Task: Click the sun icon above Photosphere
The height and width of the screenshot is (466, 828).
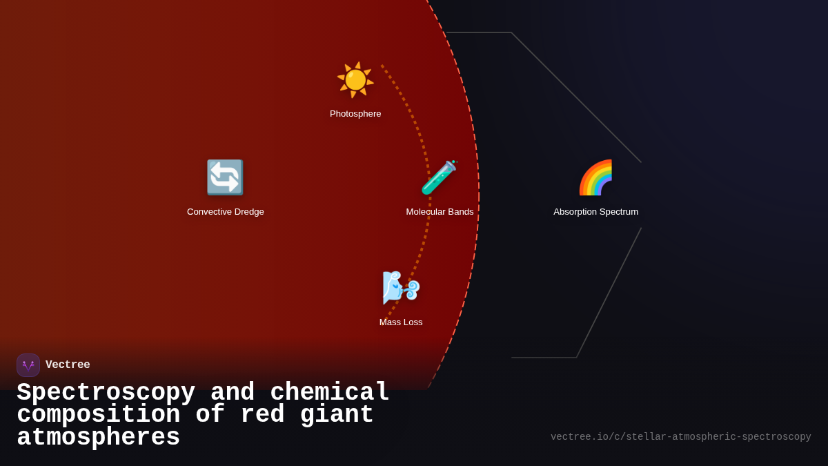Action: pos(355,80)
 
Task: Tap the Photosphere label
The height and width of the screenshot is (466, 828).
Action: pos(355,114)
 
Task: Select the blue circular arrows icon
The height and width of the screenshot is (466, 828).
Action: pos(225,177)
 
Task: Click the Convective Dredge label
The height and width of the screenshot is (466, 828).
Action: pos(226,212)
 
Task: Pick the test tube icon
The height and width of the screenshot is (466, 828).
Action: pos(440,177)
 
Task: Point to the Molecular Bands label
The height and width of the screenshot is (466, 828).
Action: pos(440,212)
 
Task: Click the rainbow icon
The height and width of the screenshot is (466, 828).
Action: pos(595,177)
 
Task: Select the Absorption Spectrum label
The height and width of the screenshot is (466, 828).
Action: pos(595,212)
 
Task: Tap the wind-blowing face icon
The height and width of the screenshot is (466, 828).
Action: pos(401,287)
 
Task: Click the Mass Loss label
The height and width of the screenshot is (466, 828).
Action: pos(401,322)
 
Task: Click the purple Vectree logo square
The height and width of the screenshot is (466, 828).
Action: pos(28,365)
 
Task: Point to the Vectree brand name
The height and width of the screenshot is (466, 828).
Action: pos(68,365)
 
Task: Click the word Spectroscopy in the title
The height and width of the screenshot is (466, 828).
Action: pos(106,393)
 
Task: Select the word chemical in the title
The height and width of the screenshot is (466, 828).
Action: pos(330,393)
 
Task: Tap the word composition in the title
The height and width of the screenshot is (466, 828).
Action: pos(98,415)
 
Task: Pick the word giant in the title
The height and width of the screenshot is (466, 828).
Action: pos(337,415)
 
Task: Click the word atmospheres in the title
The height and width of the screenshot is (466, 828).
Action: pos(98,438)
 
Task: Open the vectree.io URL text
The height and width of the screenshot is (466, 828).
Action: pos(680,437)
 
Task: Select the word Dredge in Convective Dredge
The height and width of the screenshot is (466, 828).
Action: pos(249,212)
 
